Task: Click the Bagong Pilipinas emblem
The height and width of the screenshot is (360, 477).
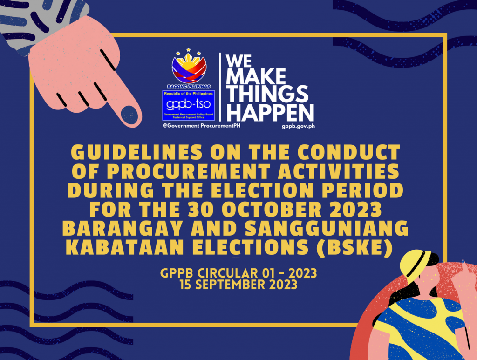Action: click(189, 68)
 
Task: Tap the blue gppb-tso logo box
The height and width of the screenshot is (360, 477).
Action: click(189, 105)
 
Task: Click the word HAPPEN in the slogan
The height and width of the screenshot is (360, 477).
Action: click(270, 113)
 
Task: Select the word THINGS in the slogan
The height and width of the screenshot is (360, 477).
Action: click(267, 94)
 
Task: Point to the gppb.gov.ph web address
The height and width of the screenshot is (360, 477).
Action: click(298, 126)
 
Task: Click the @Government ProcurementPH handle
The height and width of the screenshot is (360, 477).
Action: click(201, 126)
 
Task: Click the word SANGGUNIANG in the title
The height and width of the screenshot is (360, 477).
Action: click(327, 228)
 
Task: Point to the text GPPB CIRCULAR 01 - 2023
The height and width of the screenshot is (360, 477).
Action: click(238, 273)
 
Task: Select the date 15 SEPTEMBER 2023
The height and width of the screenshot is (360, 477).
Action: click(238, 285)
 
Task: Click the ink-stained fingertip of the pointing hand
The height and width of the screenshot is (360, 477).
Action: click(129, 115)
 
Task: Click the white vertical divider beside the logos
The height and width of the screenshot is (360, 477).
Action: click(220, 87)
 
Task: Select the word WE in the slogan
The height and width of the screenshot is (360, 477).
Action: click(239, 61)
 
